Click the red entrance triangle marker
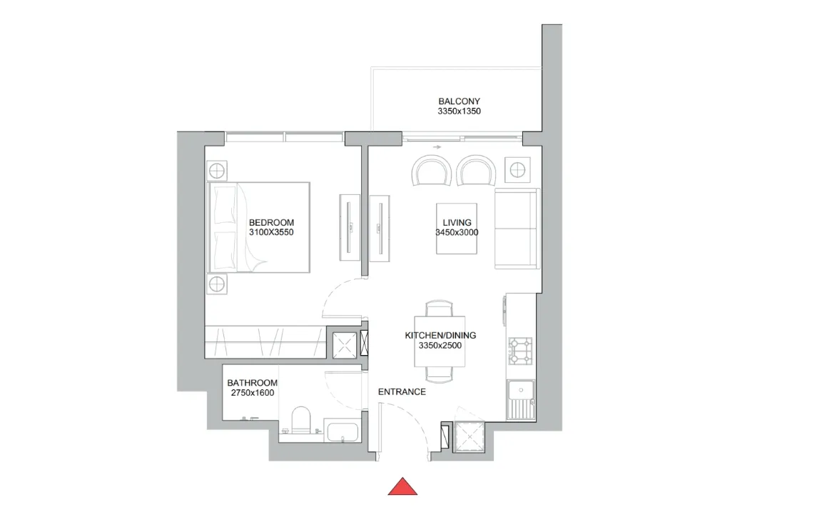[x=402, y=487]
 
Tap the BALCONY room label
[x=460, y=101]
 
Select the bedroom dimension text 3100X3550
[x=271, y=232]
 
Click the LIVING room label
[x=457, y=222]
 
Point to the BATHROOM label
[x=252, y=383]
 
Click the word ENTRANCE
[x=402, y=392]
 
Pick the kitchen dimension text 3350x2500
[x=440, y=345]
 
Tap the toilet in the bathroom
[x=301, y=420]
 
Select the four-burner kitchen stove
[x=520, y=351]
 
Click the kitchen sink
[x=521, y=399]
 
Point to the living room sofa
[x=517, y=229]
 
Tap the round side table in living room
[x=517, y=170]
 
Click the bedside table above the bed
[x=216, y=171]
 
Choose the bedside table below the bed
[x=216, y=284]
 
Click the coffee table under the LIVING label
[x=457, y=229]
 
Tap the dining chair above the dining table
[x=440, y=309]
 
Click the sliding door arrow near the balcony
[x=437, y=147]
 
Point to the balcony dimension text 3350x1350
[x=460, y=111]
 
